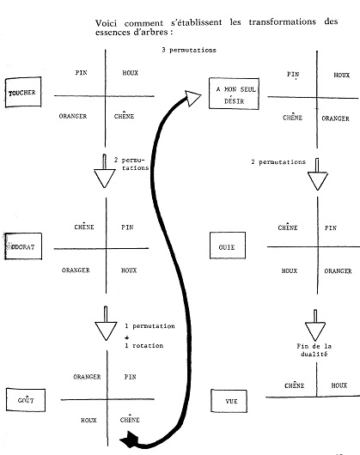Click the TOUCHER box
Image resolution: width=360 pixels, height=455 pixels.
[x=23, y=92]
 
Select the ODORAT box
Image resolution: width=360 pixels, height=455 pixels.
[x=23, y=246]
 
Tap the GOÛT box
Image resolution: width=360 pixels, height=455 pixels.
[x=26, y=400]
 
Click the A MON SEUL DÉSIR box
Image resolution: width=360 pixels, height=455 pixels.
[x=234, y=94]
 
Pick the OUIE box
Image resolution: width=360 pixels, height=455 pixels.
[x=228, y=246]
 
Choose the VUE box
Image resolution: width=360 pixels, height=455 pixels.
[x=229, y=401]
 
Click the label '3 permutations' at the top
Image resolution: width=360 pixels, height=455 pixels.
[x=189, y=50]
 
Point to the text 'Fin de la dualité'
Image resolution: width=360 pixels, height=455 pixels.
[x=314, y=350]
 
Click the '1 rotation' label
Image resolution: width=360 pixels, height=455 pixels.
[x=144, y=345]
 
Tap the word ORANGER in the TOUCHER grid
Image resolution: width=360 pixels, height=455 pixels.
[x=73, y=116]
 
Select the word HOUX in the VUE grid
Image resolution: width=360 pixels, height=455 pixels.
[x=339, y=385]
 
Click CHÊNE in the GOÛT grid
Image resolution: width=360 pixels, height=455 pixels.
[x=130, y=419]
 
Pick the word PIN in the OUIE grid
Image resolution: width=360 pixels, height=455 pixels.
[x=331, y=227]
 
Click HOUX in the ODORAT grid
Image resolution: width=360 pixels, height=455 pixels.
[x=129, y=270]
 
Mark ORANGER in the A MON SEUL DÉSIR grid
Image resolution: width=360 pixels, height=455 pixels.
[x=335, y=118]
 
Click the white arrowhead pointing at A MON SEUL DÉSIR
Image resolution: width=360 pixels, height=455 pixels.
[x=192, y=98]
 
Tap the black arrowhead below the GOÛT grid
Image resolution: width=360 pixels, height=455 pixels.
[x=129, y=440]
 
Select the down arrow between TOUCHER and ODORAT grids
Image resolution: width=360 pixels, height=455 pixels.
[x=105, y=171]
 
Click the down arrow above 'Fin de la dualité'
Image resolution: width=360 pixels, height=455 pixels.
[x=315, y=325]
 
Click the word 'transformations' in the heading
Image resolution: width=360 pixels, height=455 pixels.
[x=282, y=21]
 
